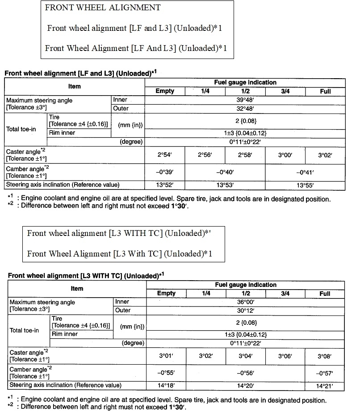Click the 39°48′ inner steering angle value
245,100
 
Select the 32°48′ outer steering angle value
245,108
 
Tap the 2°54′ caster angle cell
165,155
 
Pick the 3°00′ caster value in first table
285,155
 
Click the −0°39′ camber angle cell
165,172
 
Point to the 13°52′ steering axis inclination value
165,185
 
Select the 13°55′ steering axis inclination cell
305,185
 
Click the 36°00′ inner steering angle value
245,302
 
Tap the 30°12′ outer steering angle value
245,310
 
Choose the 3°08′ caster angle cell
325,356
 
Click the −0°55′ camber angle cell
165,373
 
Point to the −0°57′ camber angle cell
325,373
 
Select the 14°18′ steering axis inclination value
165,385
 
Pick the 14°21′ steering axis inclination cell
325,385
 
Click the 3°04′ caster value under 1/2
245,356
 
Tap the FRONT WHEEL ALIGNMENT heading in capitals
103,8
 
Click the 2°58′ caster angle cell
245,155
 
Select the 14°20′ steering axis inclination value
245,385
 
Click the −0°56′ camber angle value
245,373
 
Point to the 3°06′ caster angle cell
285,356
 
